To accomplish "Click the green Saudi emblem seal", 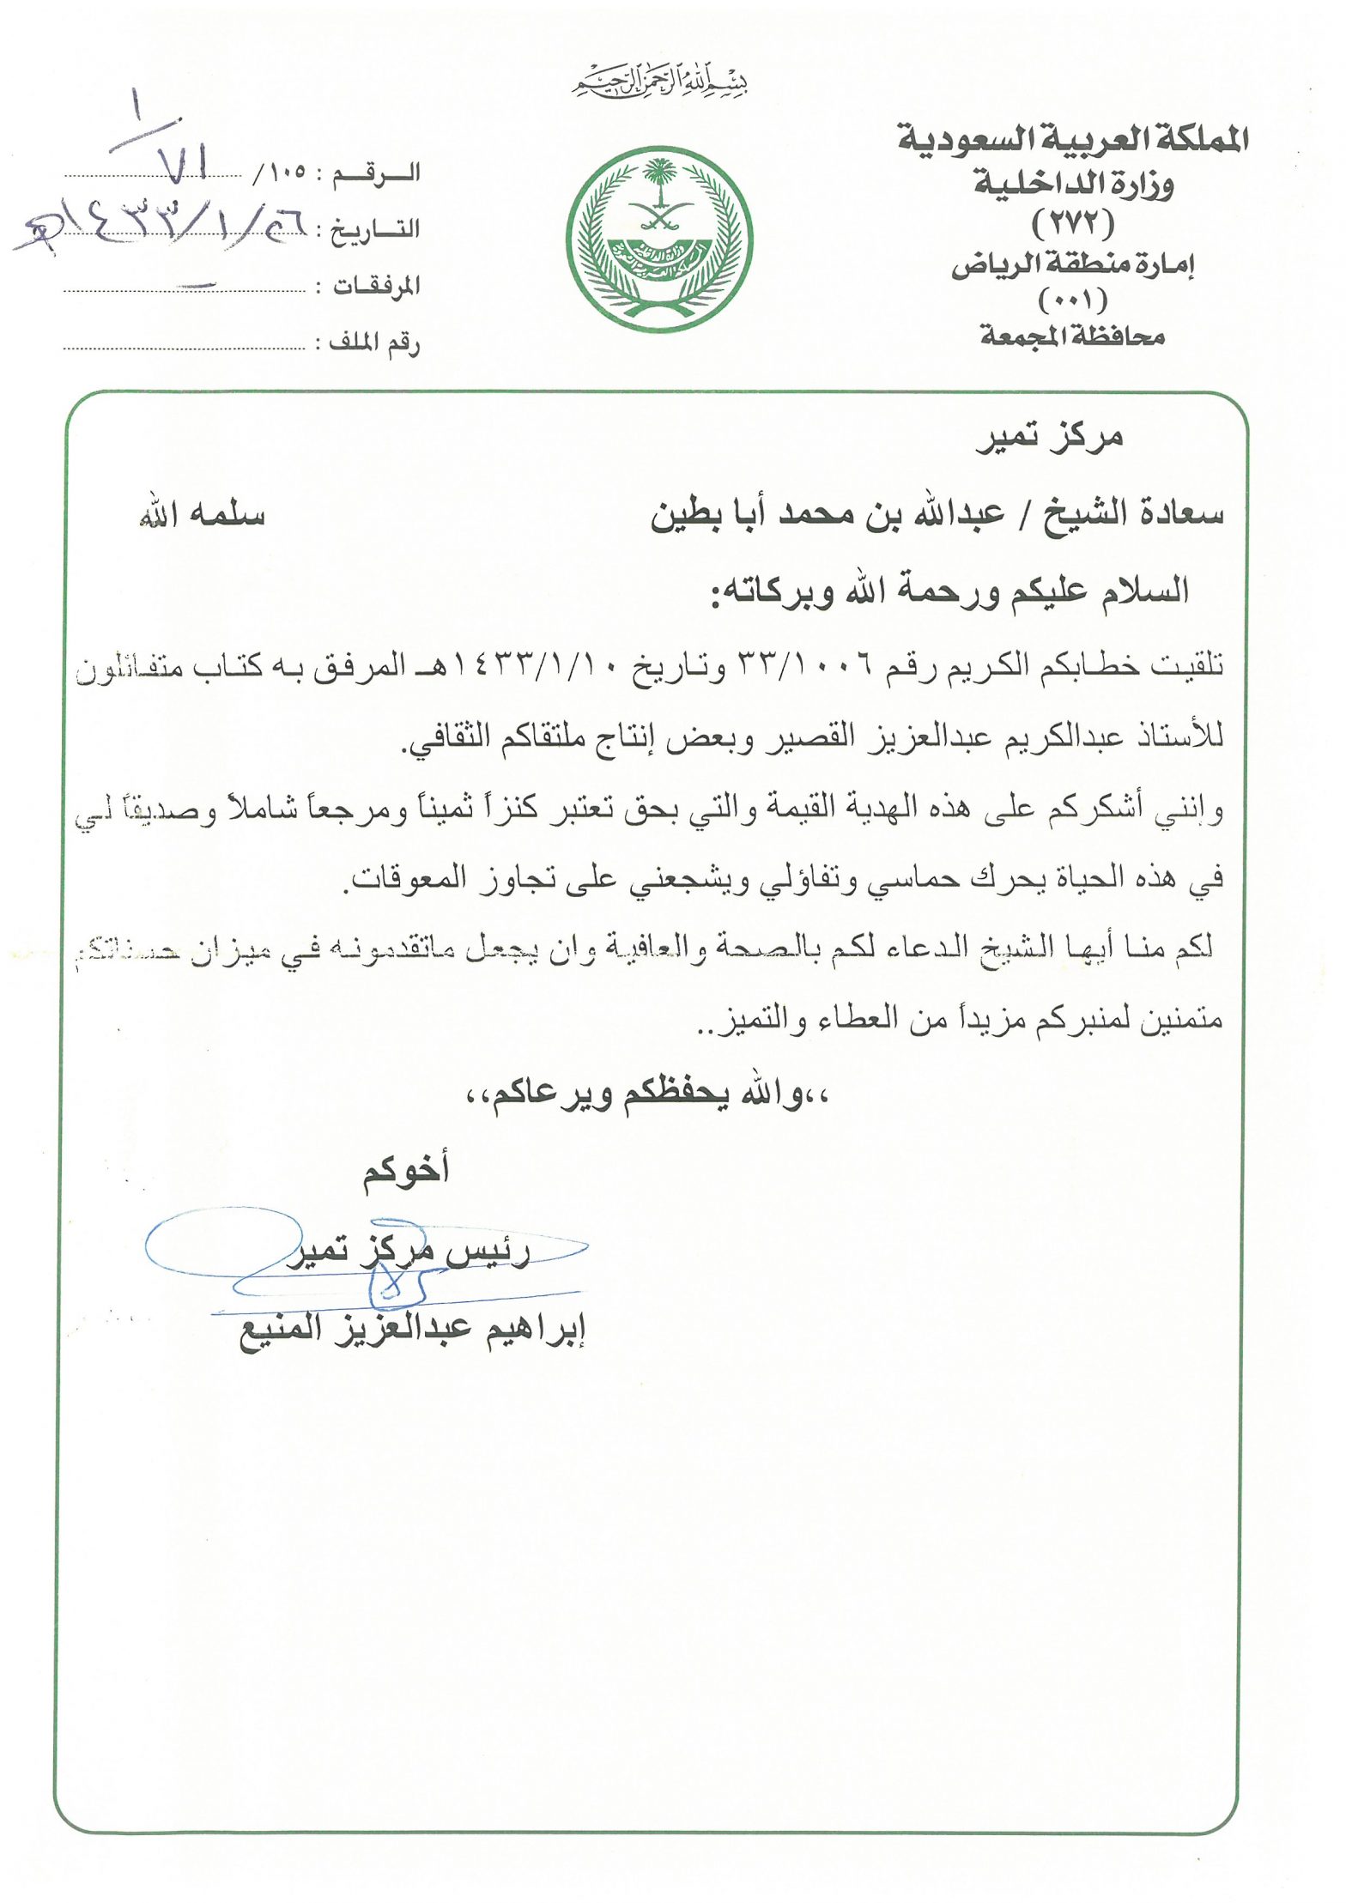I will tap(658, 239).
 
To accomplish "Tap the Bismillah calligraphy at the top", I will tap(659, 83).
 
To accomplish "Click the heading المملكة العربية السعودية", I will tap(1072, 138).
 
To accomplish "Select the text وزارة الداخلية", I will tap(1072, 184).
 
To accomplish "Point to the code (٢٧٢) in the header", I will tap(1073, 224).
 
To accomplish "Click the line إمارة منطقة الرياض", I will tap(1073, 264).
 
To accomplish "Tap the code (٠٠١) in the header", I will tap(1073, 300).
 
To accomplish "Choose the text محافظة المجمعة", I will tap(1073, 336).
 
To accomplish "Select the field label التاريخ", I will tap(375, 229).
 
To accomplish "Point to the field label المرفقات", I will tap(375, 286).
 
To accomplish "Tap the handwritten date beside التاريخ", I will tap(163, 229).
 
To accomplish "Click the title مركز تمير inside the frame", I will tap(1049, 438).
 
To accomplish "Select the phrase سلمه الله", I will tap(202, 515).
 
